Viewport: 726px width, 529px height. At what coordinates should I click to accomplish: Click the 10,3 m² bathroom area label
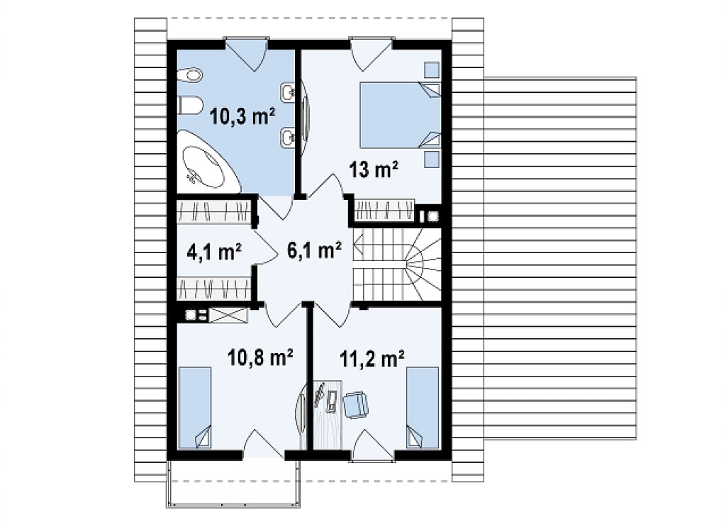(242, 116)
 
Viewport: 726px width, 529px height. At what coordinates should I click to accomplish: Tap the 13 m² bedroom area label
(374, 169)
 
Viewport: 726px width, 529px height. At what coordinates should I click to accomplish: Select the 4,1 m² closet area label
(214, 252)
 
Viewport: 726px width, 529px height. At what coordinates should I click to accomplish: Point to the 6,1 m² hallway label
(314, 250)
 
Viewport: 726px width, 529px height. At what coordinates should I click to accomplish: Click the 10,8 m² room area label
(260, 357)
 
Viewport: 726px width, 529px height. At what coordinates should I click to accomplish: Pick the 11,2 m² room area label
(372, 359)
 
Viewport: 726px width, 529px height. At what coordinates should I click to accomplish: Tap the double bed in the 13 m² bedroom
(400, 115)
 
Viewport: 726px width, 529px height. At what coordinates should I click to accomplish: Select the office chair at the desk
(355, 403)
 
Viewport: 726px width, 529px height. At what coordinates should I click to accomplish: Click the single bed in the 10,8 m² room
(195, 408)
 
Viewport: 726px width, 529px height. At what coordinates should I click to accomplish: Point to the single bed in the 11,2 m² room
(423, 408)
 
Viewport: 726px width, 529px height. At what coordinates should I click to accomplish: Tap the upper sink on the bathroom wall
(287, 92)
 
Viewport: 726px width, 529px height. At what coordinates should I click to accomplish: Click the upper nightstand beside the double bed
(432, 70)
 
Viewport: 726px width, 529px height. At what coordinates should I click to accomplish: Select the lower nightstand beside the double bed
(432, 159)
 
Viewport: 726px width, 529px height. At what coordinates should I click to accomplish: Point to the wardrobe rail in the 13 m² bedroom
(384, 210)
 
